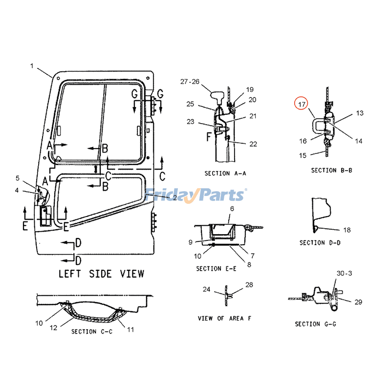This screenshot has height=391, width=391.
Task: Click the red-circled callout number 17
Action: tap(302, 104)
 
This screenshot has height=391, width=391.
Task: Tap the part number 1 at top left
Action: tap(32, 66)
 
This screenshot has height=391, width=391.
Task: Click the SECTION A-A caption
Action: tap(225, 174)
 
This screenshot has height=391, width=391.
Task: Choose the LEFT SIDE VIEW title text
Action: tap(101, 274)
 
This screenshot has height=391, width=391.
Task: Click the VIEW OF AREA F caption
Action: tap(224, 318)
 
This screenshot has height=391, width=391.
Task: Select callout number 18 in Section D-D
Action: tap(347, 230)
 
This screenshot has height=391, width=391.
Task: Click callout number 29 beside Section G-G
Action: tap(358, 302)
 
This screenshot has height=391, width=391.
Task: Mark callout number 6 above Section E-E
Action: tap(232, 209)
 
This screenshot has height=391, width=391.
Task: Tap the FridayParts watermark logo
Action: tap(195, 195)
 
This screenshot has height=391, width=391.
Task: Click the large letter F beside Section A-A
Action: tap(209, 137)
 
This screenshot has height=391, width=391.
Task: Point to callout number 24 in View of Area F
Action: tap(206, 289)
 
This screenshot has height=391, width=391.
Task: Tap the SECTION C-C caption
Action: tap(91, 332)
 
